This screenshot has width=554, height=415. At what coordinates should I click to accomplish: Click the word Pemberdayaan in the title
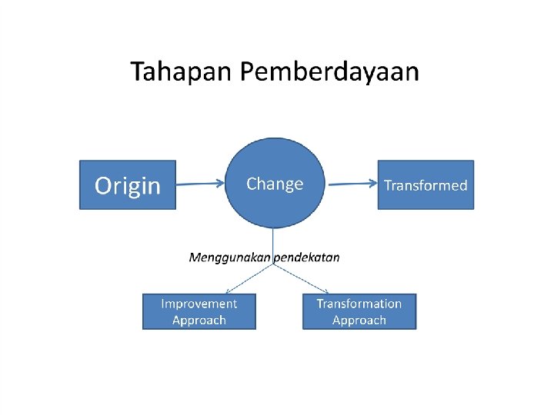point(330,73)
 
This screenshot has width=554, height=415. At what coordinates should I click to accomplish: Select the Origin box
point(128,184)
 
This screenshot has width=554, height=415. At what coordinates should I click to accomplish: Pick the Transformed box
point(425,184)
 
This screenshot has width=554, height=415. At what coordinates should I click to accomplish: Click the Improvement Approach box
point(199,312)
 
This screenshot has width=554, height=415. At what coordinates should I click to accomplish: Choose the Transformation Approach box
point(359,312)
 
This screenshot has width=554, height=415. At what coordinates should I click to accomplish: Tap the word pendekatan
point(307,257)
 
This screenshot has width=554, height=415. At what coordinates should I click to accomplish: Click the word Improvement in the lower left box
point(199,304)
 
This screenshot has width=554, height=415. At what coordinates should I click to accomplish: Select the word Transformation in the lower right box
point(359,304)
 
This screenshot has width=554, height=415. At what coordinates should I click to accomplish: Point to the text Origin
point(128,185)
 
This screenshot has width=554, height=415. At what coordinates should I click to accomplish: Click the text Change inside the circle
point(275,184)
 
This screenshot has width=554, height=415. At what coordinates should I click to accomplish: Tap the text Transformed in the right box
point(425,185)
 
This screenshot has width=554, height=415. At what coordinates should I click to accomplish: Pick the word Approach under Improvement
point(199,320)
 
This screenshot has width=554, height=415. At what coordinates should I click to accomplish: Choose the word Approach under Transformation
point(359,320)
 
